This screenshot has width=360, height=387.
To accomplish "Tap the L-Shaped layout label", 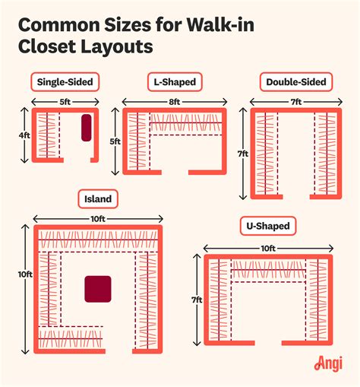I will click(173, 82).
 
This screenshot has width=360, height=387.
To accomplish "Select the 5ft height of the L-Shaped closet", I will click(114, 141).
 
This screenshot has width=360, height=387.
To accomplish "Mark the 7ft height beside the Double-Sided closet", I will click(242, 153).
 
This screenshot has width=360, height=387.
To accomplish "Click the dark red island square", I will click(97, 290).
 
